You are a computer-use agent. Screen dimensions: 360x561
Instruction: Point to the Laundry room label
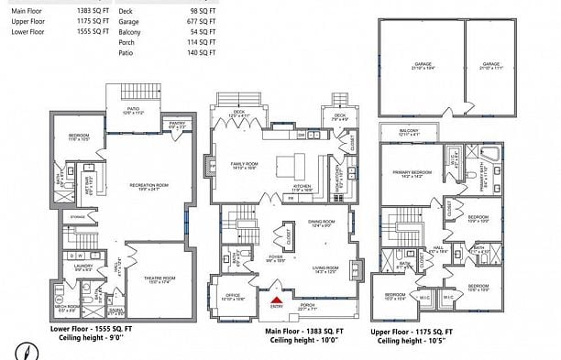tap(83, 267)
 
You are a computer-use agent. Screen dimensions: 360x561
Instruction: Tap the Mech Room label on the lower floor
tap(66, 308)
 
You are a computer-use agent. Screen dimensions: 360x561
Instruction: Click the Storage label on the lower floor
tap(77, 218)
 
